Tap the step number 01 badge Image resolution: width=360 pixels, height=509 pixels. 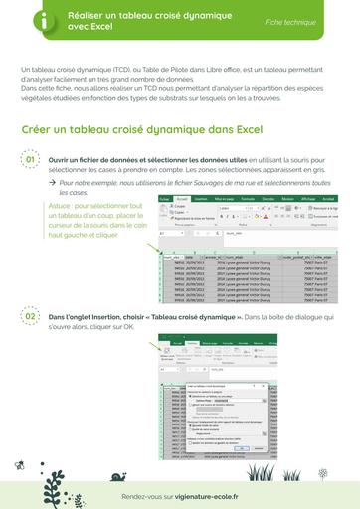pos(30,159)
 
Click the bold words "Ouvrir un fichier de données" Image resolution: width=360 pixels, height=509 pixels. pos(95,159)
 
